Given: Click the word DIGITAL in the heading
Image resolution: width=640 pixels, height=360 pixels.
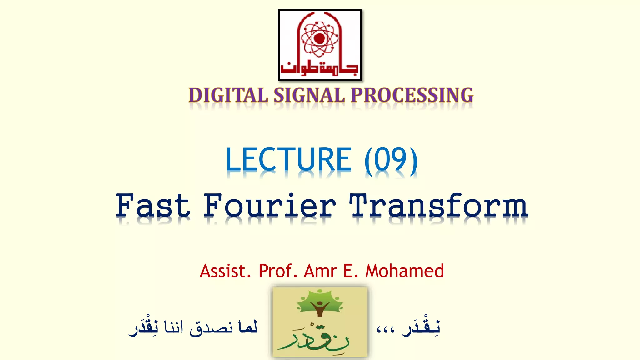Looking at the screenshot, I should (x=228, y=95).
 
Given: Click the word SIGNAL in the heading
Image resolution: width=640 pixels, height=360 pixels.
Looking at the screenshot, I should (x=309, y=95).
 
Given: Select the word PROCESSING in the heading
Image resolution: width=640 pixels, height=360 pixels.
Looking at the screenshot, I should (x=412, y=95).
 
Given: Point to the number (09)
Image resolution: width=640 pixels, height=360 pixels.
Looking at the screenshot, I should (x=391, y=160).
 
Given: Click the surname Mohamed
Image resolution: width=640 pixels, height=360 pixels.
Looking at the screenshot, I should (x=404, y=271).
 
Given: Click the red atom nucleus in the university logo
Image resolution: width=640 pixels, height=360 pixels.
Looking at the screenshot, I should (x=319, y=38).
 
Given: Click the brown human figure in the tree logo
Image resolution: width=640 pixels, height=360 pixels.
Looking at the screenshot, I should (x=319, y=308).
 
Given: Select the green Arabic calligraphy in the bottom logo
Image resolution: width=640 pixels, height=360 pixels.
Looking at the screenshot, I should (x=314, y=339).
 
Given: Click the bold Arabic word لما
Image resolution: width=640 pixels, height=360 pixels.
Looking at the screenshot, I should (x=247, y=327).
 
